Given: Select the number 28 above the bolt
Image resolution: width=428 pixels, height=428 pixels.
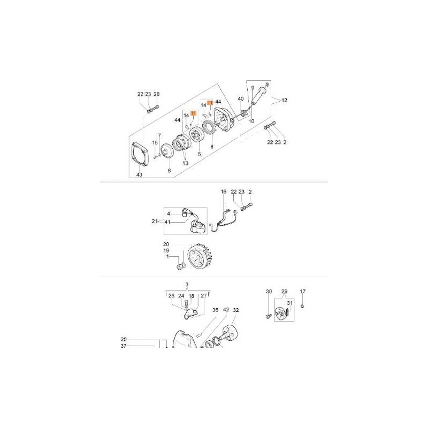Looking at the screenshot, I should pyautogui.click(x=157, y=94).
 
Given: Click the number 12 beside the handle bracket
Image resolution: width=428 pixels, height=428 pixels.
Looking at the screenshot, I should pyautogui.click(x=284, y=100).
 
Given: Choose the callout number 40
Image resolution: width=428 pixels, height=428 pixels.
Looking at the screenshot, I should pyautogui.click(x=241, y=99).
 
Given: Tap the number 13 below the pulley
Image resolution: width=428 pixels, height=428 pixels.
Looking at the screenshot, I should pyautogui.click(x=186, y=163).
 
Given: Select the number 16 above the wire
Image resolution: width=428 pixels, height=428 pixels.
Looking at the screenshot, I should pyautogui.click(x=224, y=191).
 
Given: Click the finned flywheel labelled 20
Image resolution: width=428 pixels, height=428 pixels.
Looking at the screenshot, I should pyautogui.click(x=202, y=260).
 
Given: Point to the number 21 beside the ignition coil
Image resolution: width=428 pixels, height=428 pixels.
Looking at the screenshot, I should pyautogui.click(x=155, y=221).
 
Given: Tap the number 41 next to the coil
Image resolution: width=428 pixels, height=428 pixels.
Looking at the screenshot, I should pyautogui.click(x=167, y=221).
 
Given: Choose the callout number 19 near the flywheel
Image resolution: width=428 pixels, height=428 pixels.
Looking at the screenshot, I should pyautogui.click(x=166, y=250).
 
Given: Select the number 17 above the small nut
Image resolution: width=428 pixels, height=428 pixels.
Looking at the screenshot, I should pyautogui.click(x=303, y=291).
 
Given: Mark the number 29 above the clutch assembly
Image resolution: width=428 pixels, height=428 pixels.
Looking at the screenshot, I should pyautogui.click(x=285, y=292).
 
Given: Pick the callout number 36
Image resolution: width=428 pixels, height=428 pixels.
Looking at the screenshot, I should pyautogui.click(x=215, y=310).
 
